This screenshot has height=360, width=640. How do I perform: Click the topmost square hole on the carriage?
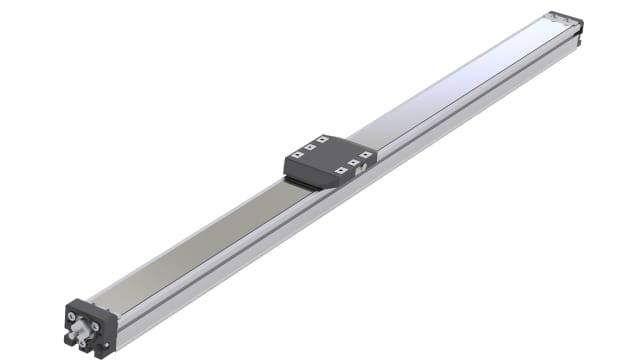(321, 139)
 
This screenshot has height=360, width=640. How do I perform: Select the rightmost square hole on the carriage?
(365, 154)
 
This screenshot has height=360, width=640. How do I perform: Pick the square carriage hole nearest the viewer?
(341, 171)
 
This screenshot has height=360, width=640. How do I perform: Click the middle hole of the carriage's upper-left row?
(309, 147)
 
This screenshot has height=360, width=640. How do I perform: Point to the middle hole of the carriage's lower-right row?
(353, 162)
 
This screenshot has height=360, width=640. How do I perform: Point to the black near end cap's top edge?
(91, 302)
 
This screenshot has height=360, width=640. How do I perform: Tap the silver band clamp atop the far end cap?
(560, 17)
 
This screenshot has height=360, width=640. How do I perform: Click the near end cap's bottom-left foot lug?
(69, 339)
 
